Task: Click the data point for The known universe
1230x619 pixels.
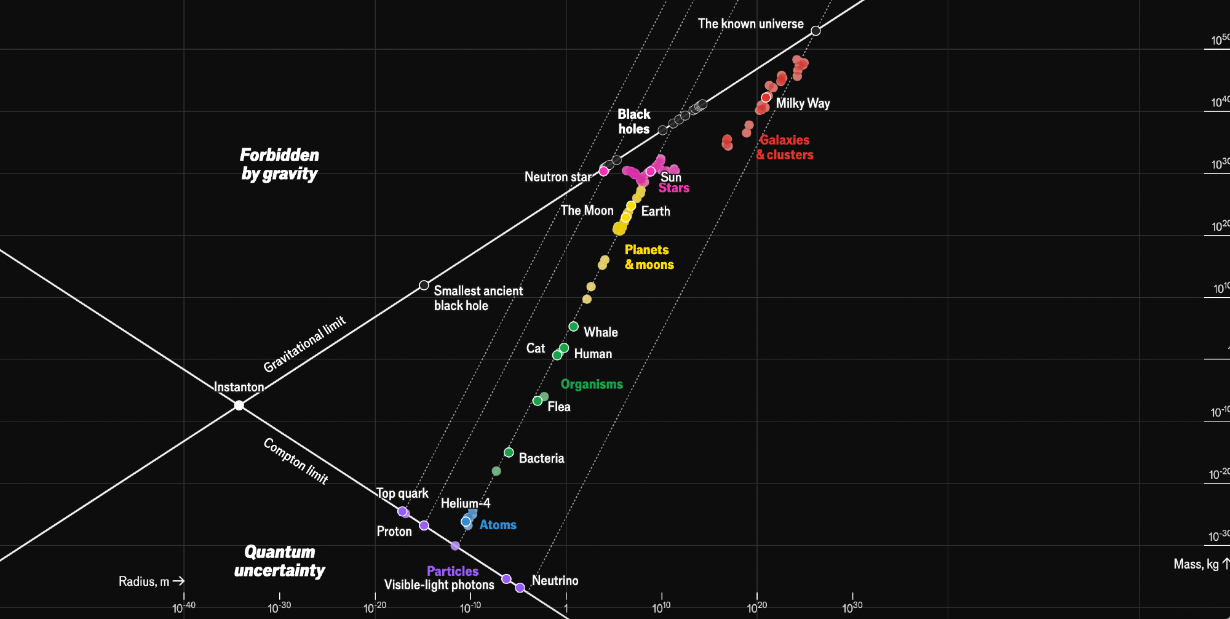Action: pos(815,31)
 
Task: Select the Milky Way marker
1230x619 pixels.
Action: pos(766,97)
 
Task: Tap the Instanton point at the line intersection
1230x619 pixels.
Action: pos(239,405)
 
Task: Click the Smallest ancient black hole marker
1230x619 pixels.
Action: pos(424,285)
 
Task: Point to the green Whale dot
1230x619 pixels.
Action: pos(573,326)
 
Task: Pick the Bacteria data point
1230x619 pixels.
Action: pos(509,452)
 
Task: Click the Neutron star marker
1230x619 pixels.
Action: pos(603,171)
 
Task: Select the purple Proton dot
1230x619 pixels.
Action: pos(424,525)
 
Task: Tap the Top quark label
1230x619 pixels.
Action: pos(402,493)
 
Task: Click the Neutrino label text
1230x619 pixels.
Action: pos(555,580)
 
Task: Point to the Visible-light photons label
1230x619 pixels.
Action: pos(439,585)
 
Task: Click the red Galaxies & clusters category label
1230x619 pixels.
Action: pos(785,147)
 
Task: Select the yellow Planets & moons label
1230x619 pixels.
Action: pos(649,257)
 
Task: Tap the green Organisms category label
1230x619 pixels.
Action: pos(592,385)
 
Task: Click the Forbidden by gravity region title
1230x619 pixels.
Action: pos(279,164)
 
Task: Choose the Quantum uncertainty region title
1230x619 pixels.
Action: pos(279,561)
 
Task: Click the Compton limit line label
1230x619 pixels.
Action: pos(296,461)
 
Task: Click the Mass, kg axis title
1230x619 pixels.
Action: pos(1196,564)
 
